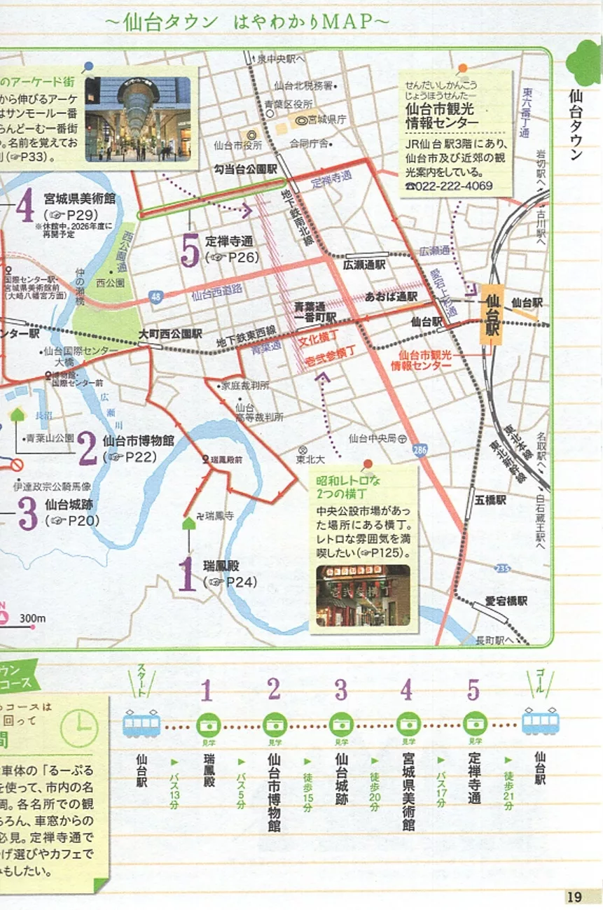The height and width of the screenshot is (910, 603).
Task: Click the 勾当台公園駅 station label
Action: tap(246, 169)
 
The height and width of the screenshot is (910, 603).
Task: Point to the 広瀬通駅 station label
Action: tap(364, 265)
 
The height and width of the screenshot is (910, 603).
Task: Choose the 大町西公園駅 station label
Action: tap(170, 334)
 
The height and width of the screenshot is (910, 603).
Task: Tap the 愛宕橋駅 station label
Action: tap(506, 601)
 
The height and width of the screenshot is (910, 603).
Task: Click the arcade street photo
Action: tap(138, 118)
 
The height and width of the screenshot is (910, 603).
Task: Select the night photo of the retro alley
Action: tap(363, 596)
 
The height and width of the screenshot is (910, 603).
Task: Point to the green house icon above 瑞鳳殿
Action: tap(188, 523)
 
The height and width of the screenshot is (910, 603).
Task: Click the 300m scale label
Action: tap(32, 618)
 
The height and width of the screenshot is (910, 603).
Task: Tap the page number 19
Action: tap(574, 896)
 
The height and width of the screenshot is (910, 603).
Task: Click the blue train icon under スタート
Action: tap(141, 723)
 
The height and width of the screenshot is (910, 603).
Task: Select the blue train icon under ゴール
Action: tap(541, 720)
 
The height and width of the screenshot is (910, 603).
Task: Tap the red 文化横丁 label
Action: tap(313, 342)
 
